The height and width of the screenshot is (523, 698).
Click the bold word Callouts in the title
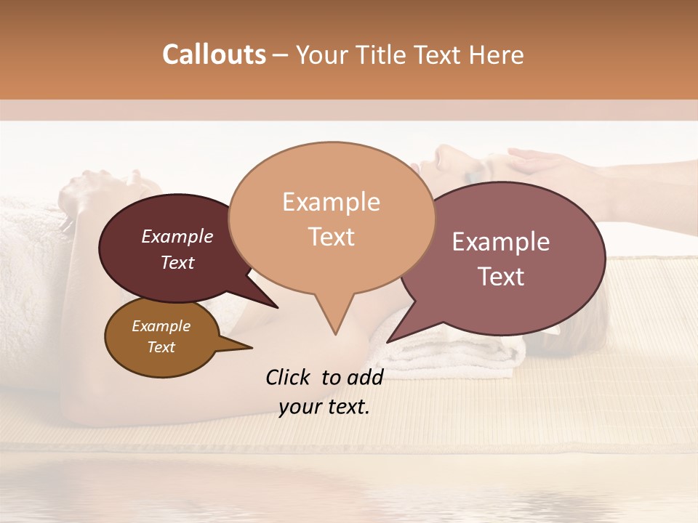pyautogui.click(x=214, y=54)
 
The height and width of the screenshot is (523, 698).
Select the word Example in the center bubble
pyautogui.click(x=331, y=202)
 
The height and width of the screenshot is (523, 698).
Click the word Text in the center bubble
pyautogui.click(x=331, y=237)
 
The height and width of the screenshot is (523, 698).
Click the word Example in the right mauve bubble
pyautogui.click(x=501, y=242)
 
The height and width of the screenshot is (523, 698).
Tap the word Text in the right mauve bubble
pyautogui.click(x=501, y=277)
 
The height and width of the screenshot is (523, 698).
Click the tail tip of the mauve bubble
pyautogui.click(x=388, y=341)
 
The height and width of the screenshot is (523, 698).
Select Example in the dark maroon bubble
pyautogui.click(x=177, y=236)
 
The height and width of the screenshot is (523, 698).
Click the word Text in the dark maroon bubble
pyautogui.click(x=177, y=262)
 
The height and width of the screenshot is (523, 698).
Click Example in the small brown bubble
pyautogui.click(x=161, y=326)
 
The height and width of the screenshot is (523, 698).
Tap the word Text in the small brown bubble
pyautogui.click(x=161, y=347)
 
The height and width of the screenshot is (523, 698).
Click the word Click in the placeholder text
pyautogui.click(x=289, y=377)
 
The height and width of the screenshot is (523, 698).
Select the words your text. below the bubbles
pyautogui.click(x=324, y=407)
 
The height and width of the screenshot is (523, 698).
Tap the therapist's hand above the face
pyautogui.click(x=542, y=161)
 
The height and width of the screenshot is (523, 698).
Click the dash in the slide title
pyautogui.click(x=281, y=54)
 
